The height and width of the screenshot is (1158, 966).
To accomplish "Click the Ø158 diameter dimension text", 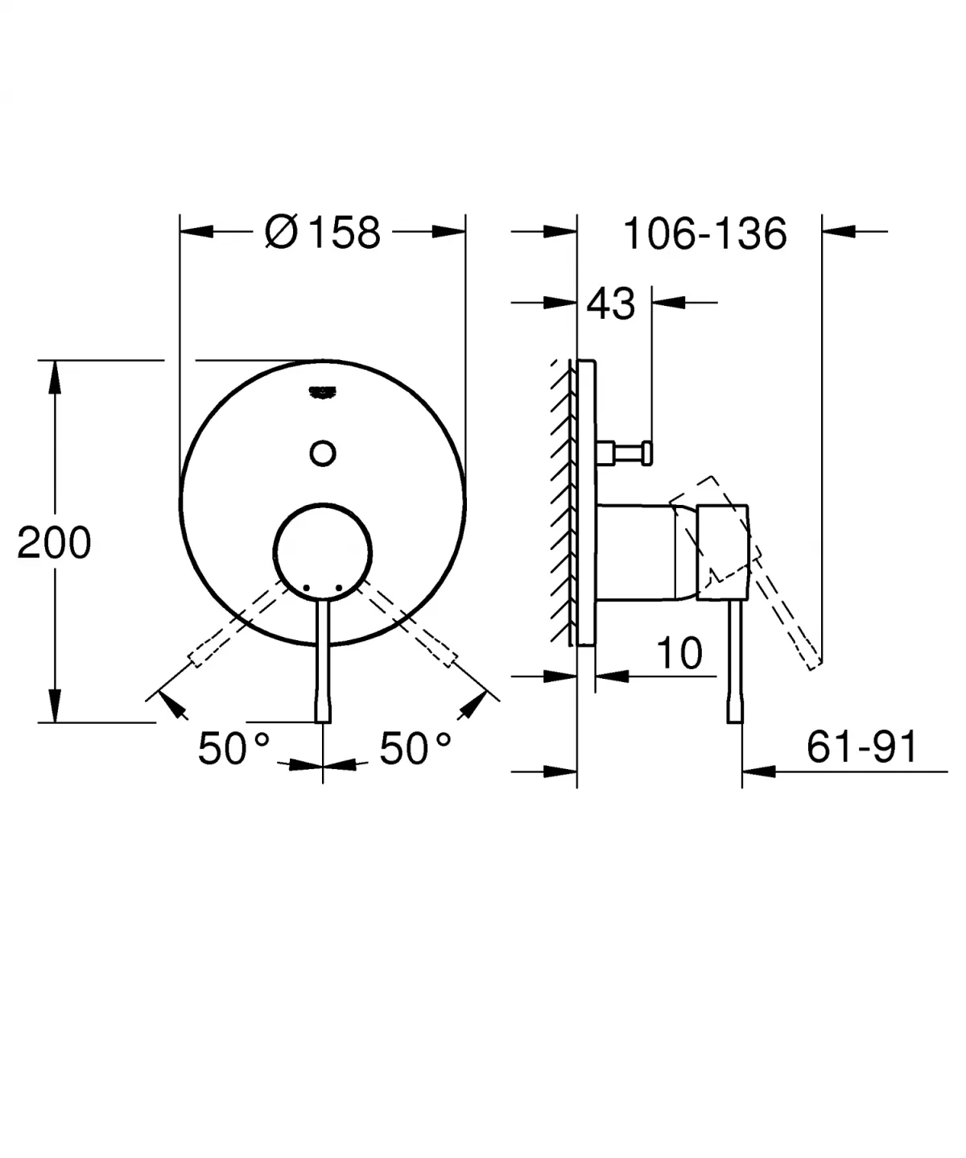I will click(x=322, y=234).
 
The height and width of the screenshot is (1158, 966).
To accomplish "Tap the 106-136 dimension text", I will click(x=704, y=234).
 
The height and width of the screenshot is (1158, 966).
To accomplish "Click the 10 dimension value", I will click(x=679, y=653).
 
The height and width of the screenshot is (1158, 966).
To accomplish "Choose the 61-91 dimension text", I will click(x=861, y=748).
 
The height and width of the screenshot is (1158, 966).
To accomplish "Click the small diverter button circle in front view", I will click(x=323, y=453).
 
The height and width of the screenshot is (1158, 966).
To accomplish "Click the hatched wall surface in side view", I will click(x=560, y=499).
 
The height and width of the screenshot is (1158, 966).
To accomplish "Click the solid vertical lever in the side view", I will click(x=735, y=660).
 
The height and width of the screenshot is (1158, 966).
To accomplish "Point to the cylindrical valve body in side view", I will click(x=636, y=552).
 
